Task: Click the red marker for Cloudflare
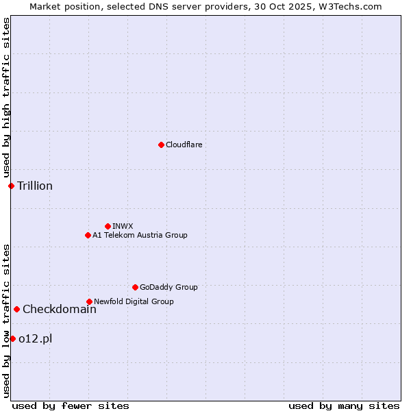click(x=161, y=145)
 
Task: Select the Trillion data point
click(x=11, y=186)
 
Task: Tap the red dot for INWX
click(x=108, y=226)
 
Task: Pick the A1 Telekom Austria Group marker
click(x=88, y=235)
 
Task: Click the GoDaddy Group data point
click(x=135, y=287)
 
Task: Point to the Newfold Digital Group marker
click(x=89, y=301)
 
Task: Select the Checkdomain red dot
click(x=16, y=309)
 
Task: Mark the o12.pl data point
click(x=12, y=338)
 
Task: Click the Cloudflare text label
click(x=184, y=145)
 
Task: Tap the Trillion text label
click(x=35, y=186)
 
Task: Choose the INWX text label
click(x=123, y=226)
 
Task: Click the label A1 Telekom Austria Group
click(x=140, y=235)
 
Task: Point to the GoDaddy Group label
click(x=169, y=287)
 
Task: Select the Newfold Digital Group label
click(x=134, y=301)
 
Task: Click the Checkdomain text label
click(x=60, y=309)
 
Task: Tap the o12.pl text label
click(x=36, y=338)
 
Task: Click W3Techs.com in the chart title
click(x=353, y=6)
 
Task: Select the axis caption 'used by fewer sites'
click(x=71, y=406)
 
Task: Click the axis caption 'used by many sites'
click(x=344, y=406)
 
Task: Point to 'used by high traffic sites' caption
click(x=6, y=97)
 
